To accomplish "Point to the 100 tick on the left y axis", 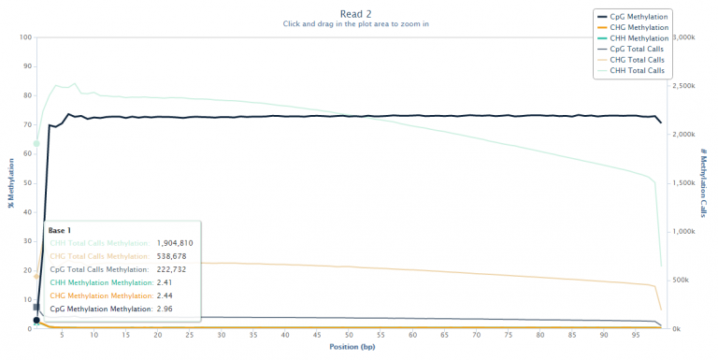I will (x=26, y=38).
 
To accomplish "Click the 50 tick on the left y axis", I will (x=28, y=183).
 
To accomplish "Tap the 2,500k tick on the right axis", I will (x=686, y=86).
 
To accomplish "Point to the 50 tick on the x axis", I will (x=349, y=336).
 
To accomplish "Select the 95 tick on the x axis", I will (x=636, y=336).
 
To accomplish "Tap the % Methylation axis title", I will (x=11, y=183).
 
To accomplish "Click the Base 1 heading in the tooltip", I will (x=60, y=230).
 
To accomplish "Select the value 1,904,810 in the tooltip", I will (x=175, y=243).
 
